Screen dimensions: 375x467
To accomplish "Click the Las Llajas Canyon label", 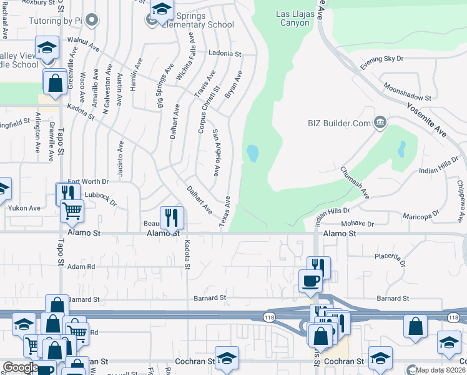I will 293,18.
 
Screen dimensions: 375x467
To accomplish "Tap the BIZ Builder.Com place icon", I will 379,122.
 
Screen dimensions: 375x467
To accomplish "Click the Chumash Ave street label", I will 355,182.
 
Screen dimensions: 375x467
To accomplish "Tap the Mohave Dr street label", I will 357,223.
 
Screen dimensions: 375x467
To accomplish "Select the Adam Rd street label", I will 81,266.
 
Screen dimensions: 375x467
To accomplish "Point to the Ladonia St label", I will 225,54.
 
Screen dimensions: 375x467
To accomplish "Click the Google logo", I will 21,367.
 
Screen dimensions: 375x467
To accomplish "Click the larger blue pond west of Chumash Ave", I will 252,153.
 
